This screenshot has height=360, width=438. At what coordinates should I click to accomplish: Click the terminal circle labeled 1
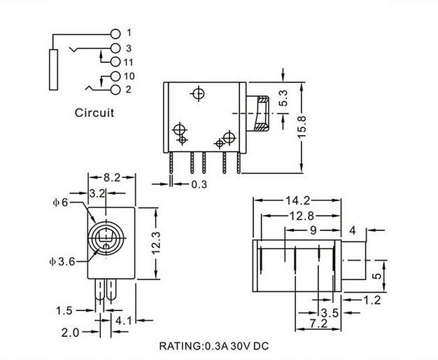[115, 34]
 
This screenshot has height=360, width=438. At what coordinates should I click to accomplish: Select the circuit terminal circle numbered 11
[115, 62]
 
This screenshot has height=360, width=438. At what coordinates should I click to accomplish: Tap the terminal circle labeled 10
[115, 76]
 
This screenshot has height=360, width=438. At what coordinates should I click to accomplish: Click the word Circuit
[94, 113]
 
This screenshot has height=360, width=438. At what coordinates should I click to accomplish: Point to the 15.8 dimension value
[302, 127]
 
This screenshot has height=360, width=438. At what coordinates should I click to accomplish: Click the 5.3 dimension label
[283, 98]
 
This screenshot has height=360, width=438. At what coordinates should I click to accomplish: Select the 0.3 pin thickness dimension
[199, 184]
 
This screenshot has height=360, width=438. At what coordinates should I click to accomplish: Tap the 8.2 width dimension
[112, 177]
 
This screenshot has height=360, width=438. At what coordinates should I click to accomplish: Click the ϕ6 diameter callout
[60, 202]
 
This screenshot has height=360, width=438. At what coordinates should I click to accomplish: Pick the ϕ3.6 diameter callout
[62, 261]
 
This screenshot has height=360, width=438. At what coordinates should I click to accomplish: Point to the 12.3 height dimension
[156, 243]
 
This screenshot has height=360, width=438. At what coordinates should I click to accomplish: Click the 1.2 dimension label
[372, 300]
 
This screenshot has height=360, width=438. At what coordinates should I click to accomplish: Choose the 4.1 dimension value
[123, 321]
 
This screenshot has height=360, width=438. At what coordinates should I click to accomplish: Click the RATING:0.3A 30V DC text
[214, 346]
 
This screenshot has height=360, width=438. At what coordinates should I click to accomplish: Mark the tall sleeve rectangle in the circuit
[54, 70]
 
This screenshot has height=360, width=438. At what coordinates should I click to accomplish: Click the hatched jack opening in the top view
[262, 113]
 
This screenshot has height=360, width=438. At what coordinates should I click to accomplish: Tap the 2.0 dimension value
[70, 333]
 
